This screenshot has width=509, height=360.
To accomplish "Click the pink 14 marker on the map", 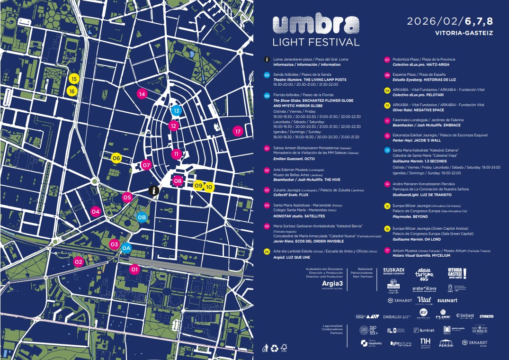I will point(142,94).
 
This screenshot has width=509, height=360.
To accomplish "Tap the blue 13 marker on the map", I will point(176,111).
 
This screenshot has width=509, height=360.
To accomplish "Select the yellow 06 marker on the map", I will point(116,158).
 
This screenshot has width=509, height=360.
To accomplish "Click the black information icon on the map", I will point(154,190).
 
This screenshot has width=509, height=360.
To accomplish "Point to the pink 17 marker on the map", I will point(238,131).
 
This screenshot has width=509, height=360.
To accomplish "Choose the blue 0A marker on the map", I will point(126,248).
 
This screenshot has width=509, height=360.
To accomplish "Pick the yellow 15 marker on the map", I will point(73,79).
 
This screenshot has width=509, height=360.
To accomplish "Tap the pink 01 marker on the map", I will point(134,270).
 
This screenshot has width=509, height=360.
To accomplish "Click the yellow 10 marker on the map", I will point(209,187).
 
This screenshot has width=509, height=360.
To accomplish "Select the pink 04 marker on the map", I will point(96,212).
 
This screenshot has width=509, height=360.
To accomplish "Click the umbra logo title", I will point(316,23).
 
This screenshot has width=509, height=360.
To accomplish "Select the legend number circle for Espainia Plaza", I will point(387,75).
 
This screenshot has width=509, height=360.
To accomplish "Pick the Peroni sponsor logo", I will point(446,343).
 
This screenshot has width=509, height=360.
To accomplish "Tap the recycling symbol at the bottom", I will point(275,349).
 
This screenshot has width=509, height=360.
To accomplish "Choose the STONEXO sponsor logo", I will point(486,316).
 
